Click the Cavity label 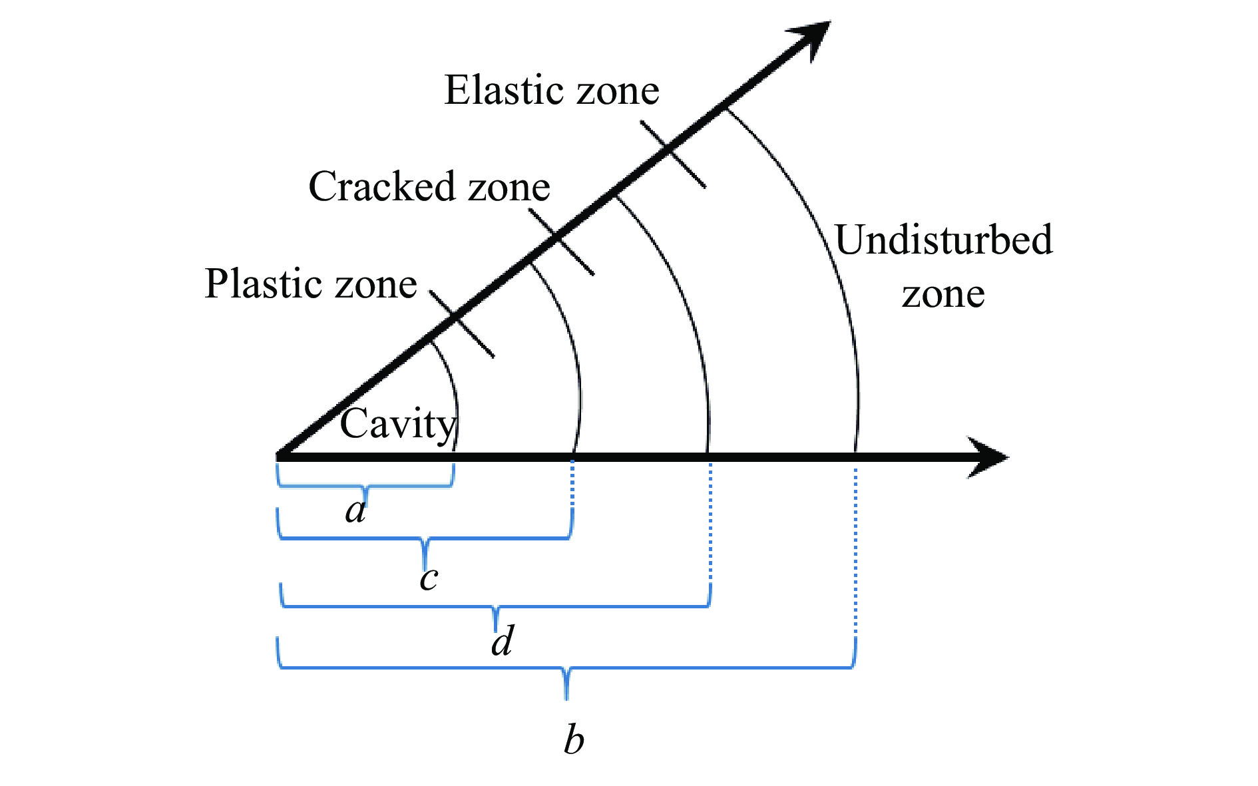398,425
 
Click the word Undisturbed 944,240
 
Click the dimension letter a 356,511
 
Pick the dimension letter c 429,579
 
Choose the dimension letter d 503,641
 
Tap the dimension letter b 574,739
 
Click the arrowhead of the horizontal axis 988,457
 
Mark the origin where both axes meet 278,457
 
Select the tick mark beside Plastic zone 461,323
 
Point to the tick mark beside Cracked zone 561,242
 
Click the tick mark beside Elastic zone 673,154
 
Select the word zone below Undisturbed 943,295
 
